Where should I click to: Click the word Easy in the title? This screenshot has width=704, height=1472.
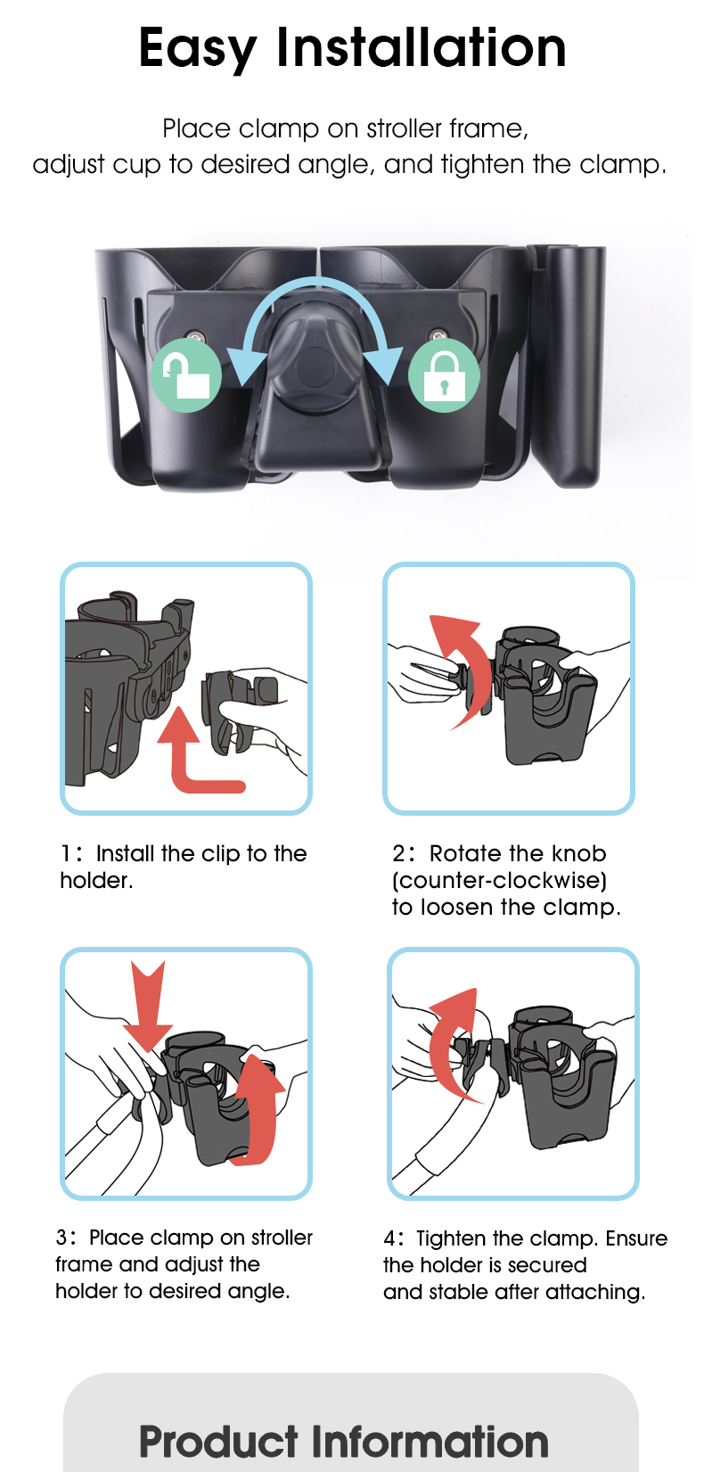click(198, 48)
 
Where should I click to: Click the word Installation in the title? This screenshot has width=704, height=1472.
click(422, 48)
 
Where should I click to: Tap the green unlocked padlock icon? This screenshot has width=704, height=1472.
click(186, 375)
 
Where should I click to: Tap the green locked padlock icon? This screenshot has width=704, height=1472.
click(443, 375)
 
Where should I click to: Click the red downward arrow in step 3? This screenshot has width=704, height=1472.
click(147, 1003)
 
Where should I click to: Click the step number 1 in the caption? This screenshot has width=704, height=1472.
click(65, 854)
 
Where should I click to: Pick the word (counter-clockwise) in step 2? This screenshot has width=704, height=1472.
click(499, 881)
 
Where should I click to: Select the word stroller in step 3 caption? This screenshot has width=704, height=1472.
click(282, 1238)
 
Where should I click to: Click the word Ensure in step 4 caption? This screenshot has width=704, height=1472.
click(636, 1238)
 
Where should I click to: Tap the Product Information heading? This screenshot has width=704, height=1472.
click(344, 1442)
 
